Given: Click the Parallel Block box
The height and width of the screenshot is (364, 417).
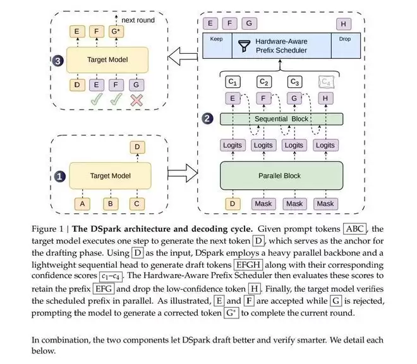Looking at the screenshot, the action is point(281,175).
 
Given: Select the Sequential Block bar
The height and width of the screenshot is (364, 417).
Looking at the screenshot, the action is point(281,119).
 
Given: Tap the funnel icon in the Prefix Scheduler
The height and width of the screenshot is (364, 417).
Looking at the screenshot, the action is point(244,46).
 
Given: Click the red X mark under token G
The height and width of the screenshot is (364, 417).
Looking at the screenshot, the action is point(136,101).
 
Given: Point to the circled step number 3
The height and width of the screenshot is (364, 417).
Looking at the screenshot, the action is point(57,61).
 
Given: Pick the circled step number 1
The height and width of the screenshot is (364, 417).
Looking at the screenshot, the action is point(60,177).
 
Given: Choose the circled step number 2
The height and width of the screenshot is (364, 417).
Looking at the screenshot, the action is point(207,118).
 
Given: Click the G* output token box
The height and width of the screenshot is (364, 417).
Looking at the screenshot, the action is point(116,32).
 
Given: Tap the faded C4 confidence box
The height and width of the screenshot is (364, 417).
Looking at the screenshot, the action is point(326,82).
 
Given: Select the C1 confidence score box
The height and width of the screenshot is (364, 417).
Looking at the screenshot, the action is point(233,82).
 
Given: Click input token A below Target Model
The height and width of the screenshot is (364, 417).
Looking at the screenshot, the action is point(82,204).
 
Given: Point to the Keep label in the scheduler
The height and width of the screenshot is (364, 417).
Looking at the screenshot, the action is point(216,39).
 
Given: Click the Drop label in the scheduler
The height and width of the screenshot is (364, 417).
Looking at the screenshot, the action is point(345,39).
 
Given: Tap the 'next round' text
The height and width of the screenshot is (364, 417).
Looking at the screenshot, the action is point(138,20).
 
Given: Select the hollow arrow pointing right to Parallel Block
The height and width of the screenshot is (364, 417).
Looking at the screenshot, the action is point(183,173).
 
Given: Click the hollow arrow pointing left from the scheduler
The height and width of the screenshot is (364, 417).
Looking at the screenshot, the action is point(183,56).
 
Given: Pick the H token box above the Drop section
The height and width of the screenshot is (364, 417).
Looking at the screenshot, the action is point(343,24).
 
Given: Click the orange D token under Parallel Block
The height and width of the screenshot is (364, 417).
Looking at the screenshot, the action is point(233,204).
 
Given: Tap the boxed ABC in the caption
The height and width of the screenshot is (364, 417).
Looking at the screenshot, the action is point(355,229).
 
